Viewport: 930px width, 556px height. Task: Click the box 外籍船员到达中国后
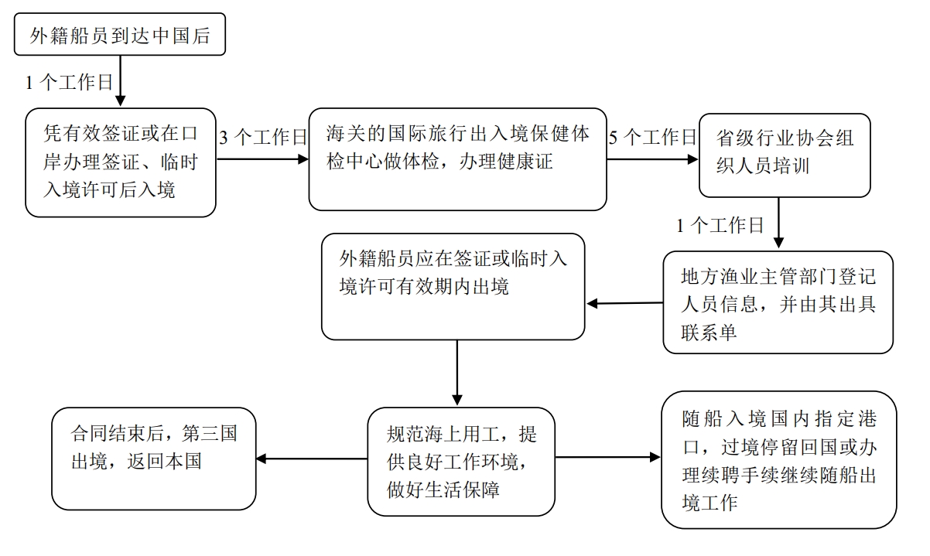[x=120, y=35]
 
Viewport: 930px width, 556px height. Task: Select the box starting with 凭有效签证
[x=120, y=162]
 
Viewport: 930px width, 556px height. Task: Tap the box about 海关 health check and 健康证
[x=457, y=159]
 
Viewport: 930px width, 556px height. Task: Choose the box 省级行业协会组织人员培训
[x=785, y=155]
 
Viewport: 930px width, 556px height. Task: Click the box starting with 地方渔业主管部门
[x=778, y=302]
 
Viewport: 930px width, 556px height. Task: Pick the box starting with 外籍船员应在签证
[x=453, y=287]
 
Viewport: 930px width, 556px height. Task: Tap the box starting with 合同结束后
[x=153, y=459]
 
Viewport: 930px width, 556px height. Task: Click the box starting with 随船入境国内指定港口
[x=778, y=459]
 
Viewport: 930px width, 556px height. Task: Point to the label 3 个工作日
[x=264, y=138]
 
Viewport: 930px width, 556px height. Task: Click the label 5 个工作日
[x=653, y=138]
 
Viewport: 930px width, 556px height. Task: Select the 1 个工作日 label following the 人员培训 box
[x=720, y=226]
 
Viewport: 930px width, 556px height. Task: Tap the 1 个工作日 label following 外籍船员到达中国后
[x=70, y=83]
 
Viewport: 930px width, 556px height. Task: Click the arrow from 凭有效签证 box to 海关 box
[x=262, y=160]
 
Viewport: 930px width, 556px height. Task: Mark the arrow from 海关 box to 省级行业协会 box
[x=652, y=160]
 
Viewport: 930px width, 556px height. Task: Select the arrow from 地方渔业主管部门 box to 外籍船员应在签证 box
[x=624, y=304]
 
